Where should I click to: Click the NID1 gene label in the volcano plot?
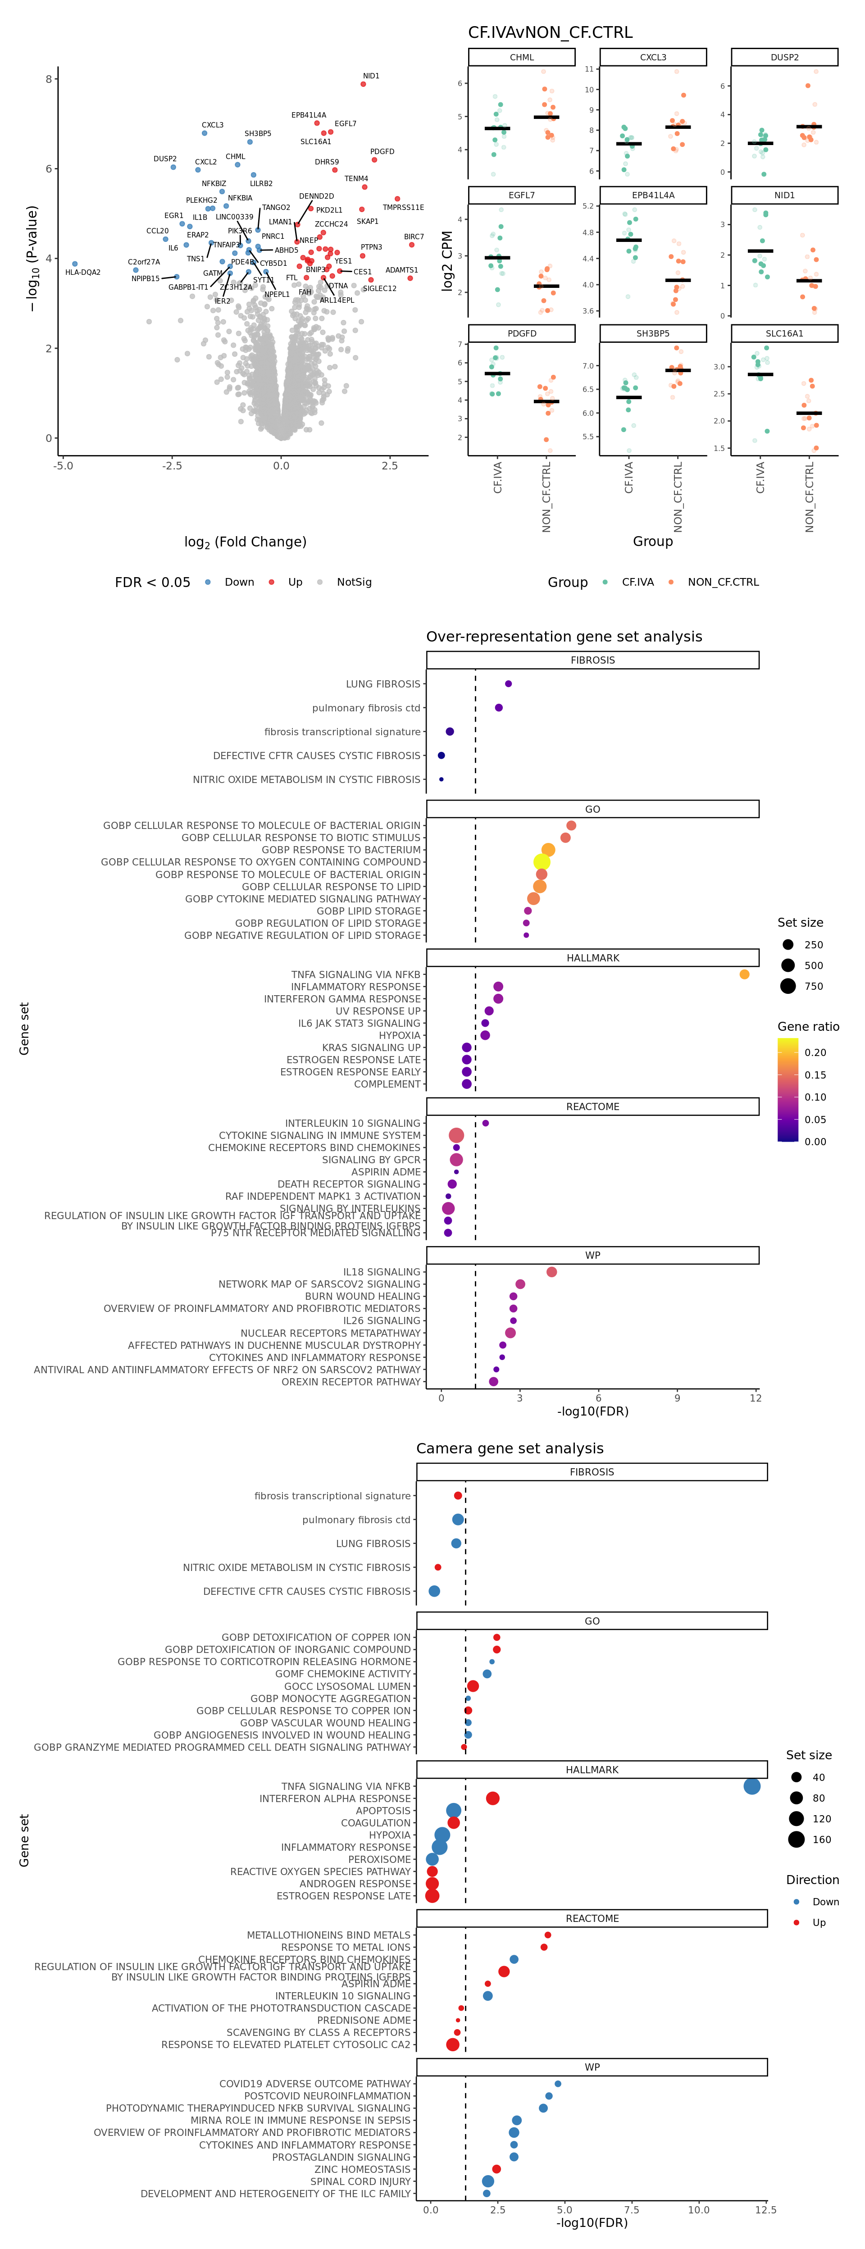(x=371, y=76)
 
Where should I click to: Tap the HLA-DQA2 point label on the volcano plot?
(x=83, y=273)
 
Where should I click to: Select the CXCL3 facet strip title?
(x=653, y=58)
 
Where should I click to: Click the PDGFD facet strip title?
(x=522, y=333)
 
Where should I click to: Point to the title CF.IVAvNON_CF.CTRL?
(x=550, y=32)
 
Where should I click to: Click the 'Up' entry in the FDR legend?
(x=295, y=583)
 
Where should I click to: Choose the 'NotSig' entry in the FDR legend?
(x=354, y=583)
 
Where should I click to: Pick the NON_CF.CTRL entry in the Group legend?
(x=723, y=583)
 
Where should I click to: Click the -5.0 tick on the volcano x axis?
(x=63, y=465)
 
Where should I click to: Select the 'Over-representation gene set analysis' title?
(x=564, y=637)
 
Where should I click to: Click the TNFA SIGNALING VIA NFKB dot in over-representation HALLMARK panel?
(x=744, y=974)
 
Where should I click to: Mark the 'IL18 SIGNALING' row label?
(x=382, y=1272)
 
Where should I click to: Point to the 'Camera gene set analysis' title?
(x=510, y=1448)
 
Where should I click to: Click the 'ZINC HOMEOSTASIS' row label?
(x=362, y=2169)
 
